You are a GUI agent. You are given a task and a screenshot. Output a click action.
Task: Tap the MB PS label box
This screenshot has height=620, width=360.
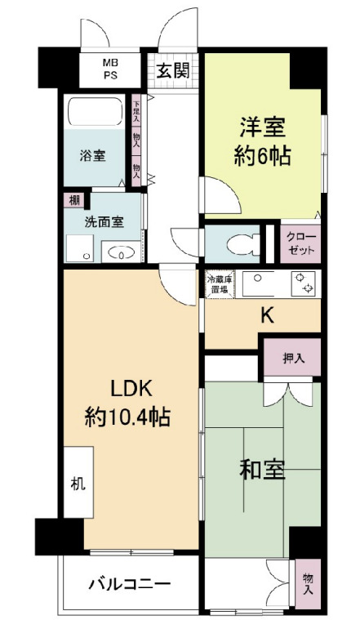(109, 69)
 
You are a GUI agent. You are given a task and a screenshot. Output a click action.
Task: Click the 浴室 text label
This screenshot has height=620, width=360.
(92, 156)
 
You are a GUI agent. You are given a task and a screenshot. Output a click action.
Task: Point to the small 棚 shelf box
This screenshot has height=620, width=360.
(73, 200)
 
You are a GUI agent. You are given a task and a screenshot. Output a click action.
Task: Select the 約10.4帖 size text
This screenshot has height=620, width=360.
(127, 417)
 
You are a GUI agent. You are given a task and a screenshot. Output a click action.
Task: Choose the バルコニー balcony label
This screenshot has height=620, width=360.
(129, 584)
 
